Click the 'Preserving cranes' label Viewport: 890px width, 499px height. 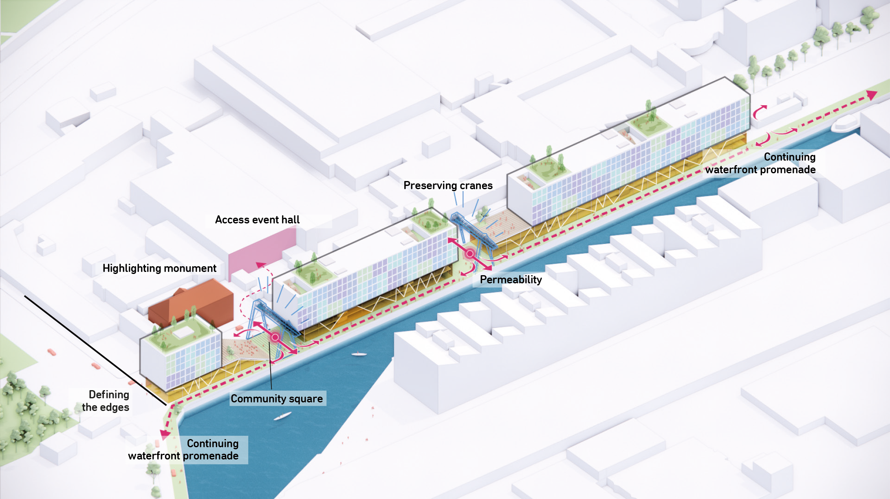(x=448, y=185)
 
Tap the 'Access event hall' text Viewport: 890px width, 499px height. (x=257, y=220)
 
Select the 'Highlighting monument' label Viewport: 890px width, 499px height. (x=159, y=268)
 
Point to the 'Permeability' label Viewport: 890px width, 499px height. (x=511, y=280)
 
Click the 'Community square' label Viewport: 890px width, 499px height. (x=277, y=399)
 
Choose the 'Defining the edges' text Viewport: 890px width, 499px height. (x=106, y=401)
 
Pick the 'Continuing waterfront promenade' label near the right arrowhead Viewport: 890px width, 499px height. (x=760, y=163)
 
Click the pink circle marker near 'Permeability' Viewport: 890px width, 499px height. (x=469, y=254)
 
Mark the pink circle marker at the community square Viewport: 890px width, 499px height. (x=275, y=337)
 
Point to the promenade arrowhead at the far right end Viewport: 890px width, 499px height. (x=871, y=95)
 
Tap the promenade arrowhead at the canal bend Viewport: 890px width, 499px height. (x=165, y=434)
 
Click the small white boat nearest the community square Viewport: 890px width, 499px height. (x=359, y=354)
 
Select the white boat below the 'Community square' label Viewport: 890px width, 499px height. (x=282, y=416)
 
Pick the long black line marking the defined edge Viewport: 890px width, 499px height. (x=96, y=350)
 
